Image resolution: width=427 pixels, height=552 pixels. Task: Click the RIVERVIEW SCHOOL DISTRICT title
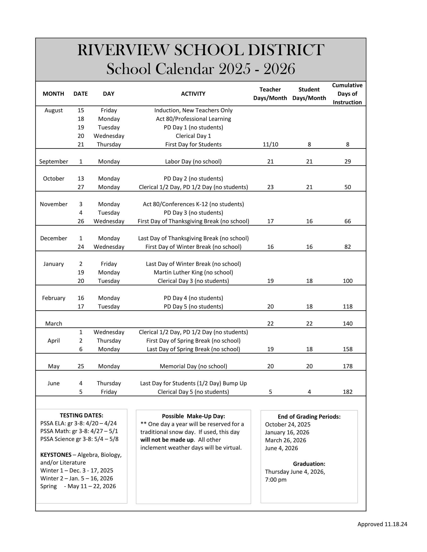(201, 50)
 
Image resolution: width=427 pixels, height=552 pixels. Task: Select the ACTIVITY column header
(193, 94)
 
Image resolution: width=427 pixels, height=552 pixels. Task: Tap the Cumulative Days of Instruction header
(347, 94)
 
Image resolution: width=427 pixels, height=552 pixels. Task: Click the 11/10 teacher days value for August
(270, 145)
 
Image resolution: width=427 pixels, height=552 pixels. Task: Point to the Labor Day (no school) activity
(193, 162)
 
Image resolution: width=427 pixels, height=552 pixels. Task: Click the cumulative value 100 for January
(347, 281)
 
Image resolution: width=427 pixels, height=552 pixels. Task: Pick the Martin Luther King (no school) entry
(193, 272)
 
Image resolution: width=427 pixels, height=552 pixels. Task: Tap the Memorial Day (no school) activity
(193, 366)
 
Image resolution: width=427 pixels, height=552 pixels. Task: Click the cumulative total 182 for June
(347, 392)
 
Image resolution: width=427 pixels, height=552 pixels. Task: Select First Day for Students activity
(193, 145)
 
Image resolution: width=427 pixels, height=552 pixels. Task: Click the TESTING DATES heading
(81, 415)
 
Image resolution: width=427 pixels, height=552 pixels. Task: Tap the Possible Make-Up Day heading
(193, 416)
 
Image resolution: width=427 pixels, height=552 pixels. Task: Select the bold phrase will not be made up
(167, 440)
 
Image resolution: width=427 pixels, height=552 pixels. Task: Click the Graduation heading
(309, 464)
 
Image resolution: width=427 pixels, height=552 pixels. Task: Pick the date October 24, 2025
(287, 424)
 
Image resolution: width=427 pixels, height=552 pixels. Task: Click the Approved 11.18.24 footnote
(382, 524)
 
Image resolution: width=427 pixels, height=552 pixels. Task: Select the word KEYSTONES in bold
(56, 455)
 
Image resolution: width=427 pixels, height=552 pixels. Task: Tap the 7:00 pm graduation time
(276, 479)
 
